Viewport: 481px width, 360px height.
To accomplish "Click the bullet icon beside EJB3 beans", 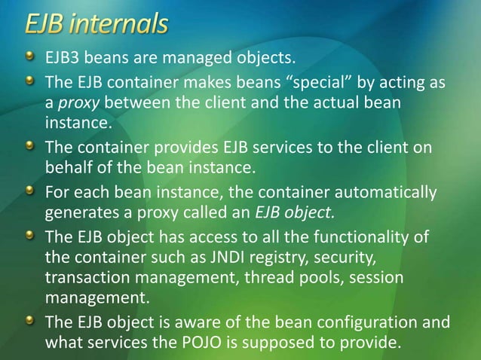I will (x=29, y=56).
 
